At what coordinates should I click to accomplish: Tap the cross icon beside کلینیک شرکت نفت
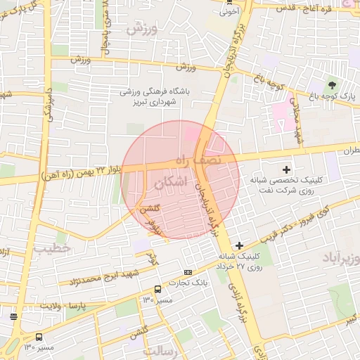(286, 169)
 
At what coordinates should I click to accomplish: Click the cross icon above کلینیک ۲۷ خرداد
(240, 245)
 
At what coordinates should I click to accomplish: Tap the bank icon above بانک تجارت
(188, 272)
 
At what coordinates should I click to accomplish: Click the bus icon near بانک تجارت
(157, 289)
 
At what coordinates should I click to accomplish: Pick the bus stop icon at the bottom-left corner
(39, 337)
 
